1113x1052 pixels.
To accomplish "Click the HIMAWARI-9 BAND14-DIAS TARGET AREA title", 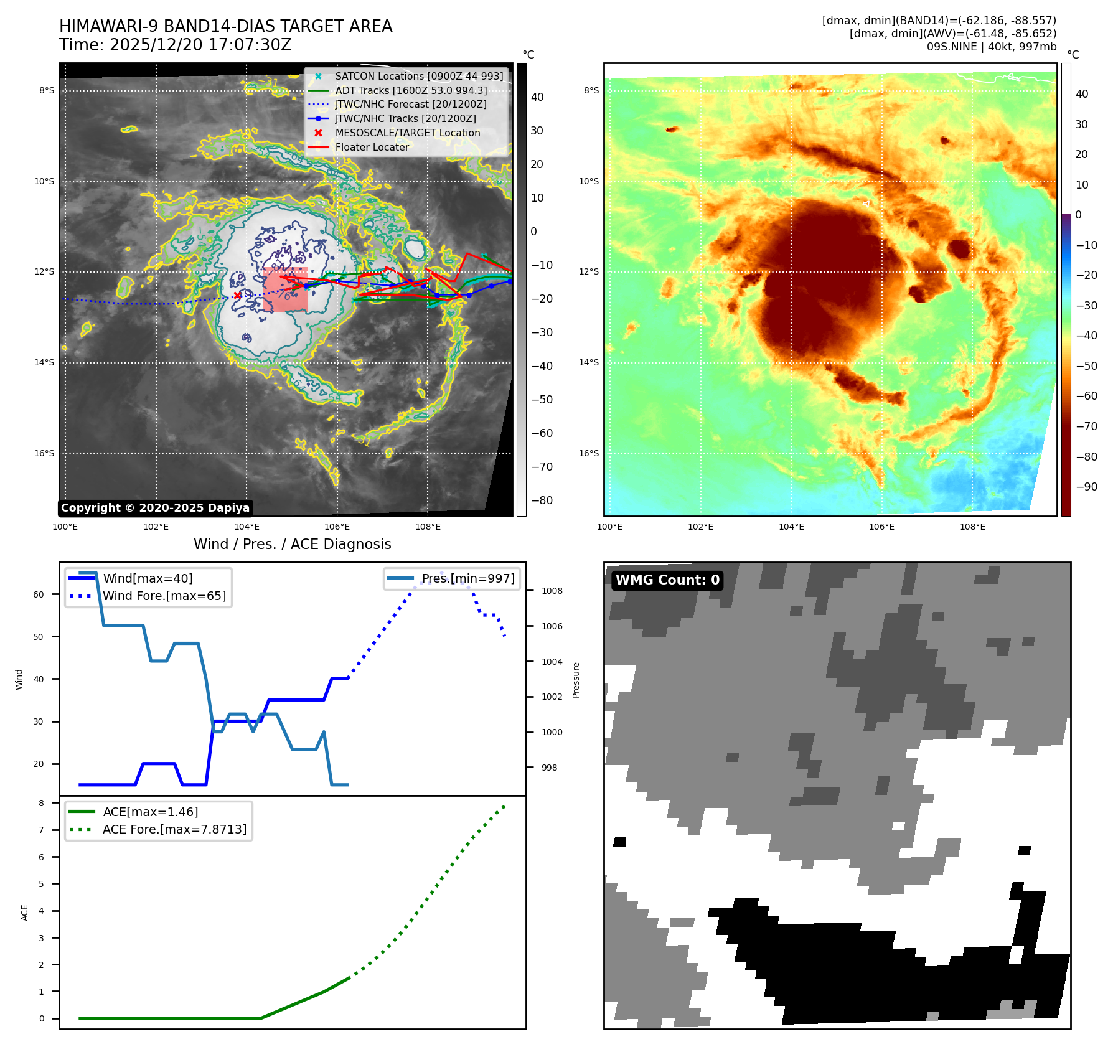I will [225, 26].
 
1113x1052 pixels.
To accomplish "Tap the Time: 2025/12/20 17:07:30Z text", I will [175, 45].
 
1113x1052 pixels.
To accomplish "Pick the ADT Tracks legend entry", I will [411, 90].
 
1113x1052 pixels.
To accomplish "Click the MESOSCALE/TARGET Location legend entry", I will [407, 133].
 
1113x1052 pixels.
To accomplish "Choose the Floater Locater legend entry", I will [372, 147].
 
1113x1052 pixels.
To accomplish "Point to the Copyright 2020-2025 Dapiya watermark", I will [155, 508].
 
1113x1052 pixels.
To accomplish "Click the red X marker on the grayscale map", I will [237, 295].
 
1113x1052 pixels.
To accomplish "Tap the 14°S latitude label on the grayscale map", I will [44, 362].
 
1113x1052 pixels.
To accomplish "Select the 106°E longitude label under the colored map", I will [881, 527].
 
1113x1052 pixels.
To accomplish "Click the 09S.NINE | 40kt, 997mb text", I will [991, 47].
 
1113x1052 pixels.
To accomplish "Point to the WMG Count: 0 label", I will [667, 580].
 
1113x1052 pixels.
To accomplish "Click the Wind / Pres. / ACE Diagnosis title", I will [292, 544].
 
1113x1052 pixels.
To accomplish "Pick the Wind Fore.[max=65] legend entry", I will [164, 596].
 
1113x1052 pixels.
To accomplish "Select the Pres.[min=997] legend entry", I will [468, 578].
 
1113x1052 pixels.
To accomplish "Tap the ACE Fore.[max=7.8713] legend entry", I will [174, 829].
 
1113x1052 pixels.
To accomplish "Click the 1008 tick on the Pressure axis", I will [552, 591].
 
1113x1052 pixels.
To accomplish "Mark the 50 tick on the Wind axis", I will [39, 637].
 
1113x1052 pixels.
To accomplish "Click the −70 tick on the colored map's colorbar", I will [1087, 426].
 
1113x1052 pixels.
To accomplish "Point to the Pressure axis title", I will [576, 680].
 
